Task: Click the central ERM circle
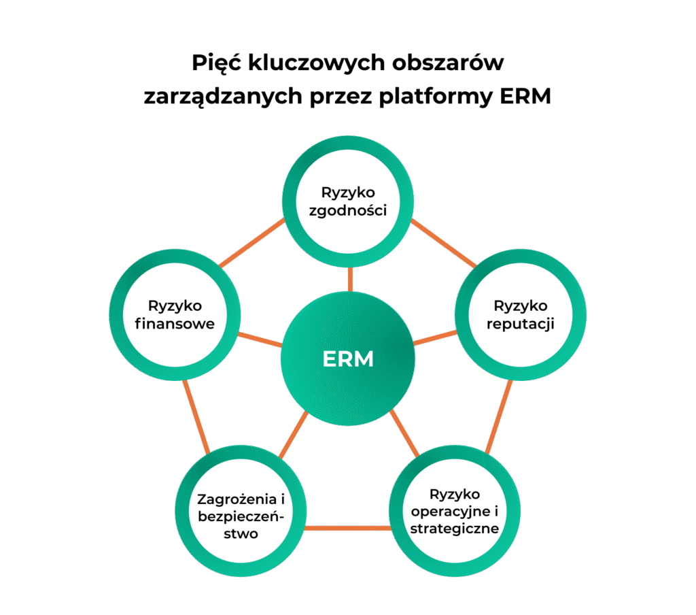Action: point(348,359)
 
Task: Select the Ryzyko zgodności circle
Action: point(348,201)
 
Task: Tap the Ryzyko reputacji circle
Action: point(521,314)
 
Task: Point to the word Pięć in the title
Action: point(215,63)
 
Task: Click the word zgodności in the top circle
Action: point(348,210)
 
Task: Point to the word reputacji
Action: point(521,324)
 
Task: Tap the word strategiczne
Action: point(455,528)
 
